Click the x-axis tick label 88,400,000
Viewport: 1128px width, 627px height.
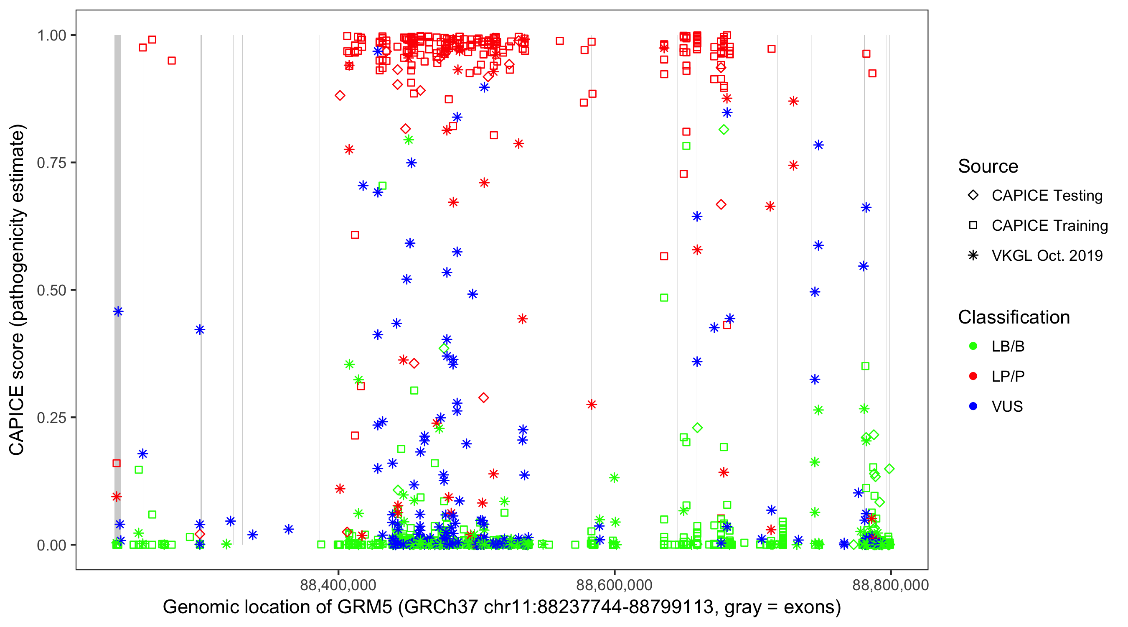pyautogui.click(x=338, y=585)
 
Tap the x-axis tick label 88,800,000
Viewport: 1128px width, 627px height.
pyautogui.click(x=890, y=585)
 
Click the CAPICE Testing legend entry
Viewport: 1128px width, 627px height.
pyautogui.click(x=1047, y=196)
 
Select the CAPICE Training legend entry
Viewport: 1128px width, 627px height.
pyautogui.click(x=1049, y=226)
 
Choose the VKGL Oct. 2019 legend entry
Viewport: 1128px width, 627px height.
pyautogui.click(x=1047, y=256)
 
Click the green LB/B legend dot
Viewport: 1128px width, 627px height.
pyautogui.click(x=973, y=346)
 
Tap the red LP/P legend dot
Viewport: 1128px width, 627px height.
pyautogui.click(x=973, y=376)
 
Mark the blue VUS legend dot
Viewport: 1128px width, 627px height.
pyautogui.click(x=973, y=407)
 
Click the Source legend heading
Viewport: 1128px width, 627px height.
pyautogui.click(x=988, y=166)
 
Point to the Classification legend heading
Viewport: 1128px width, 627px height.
pyautogui.click(x=1014, y=317)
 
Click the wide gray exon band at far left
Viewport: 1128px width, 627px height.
pyautogui.click(x=118, y=263)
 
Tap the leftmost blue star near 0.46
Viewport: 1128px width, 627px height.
pyautogui.click(x=118, y=311)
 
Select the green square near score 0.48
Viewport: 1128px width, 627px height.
pyautogui.click(x=664, y=298)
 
